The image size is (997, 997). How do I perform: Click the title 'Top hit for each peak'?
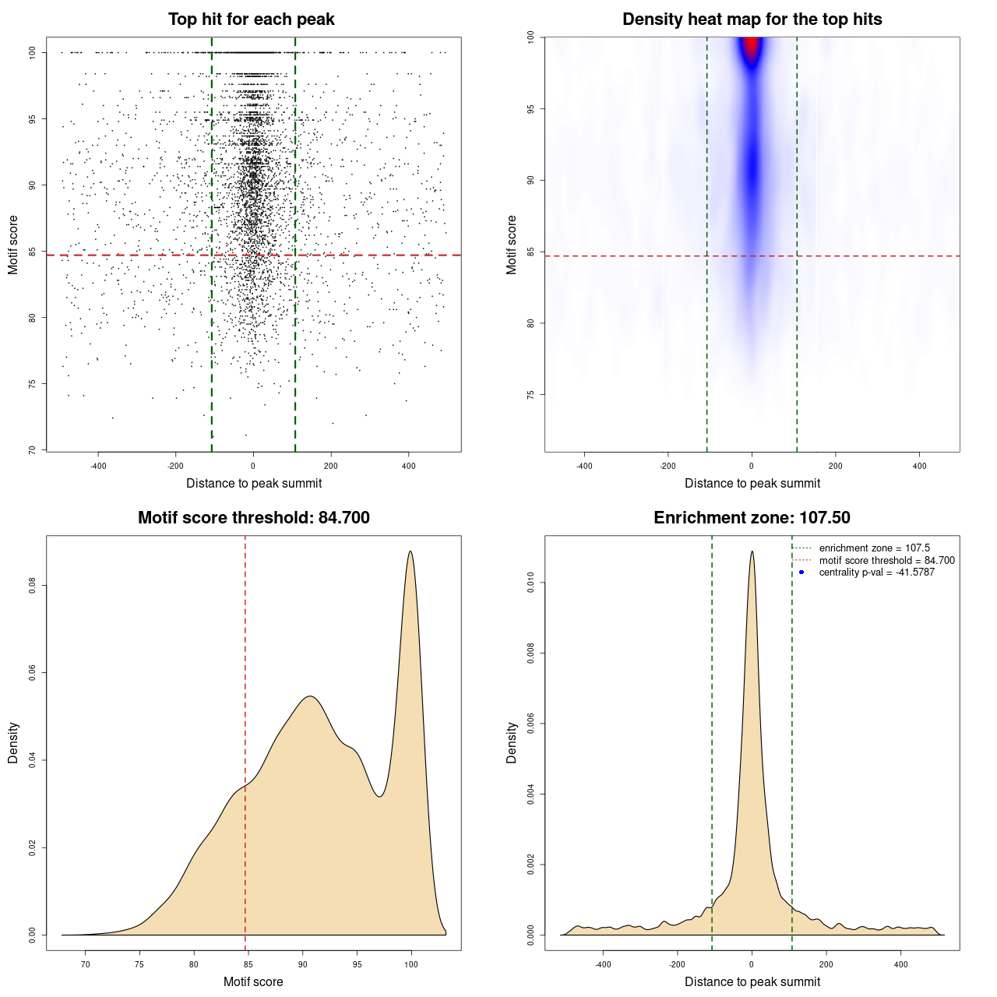click(x=251, y=19)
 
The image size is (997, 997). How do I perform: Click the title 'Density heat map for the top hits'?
click(x=752, y=19)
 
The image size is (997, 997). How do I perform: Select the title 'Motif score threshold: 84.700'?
click(x=253, y=518)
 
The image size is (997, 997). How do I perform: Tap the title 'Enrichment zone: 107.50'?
click(x=752, y=518)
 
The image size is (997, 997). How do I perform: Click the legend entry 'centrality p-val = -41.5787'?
click(x=876, y=572)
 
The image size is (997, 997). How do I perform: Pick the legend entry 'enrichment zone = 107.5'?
click(x=874, y=548)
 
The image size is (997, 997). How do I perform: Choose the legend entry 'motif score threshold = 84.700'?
click(x=886, y=561)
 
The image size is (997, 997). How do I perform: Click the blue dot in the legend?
click(x=801, y=572)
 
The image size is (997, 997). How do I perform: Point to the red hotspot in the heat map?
click(x=751, y=48)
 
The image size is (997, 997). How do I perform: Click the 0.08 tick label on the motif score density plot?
click(x=33, y=585)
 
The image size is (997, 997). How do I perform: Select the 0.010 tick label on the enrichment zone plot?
click(x=531, y=583)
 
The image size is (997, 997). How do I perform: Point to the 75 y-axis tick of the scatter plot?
click(x=33, y=384)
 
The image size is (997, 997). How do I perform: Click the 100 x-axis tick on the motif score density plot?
click(x=411, y=964)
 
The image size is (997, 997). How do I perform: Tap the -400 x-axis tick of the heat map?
click(x=584, y=466)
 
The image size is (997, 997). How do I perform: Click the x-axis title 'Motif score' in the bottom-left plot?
click(x=253, y=981)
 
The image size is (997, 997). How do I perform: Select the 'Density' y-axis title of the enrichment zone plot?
click(x=512, y=742)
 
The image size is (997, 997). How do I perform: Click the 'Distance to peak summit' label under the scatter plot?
click(x=254, y=484)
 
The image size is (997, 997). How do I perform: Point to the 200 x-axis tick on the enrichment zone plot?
click(x=826, y=964)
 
